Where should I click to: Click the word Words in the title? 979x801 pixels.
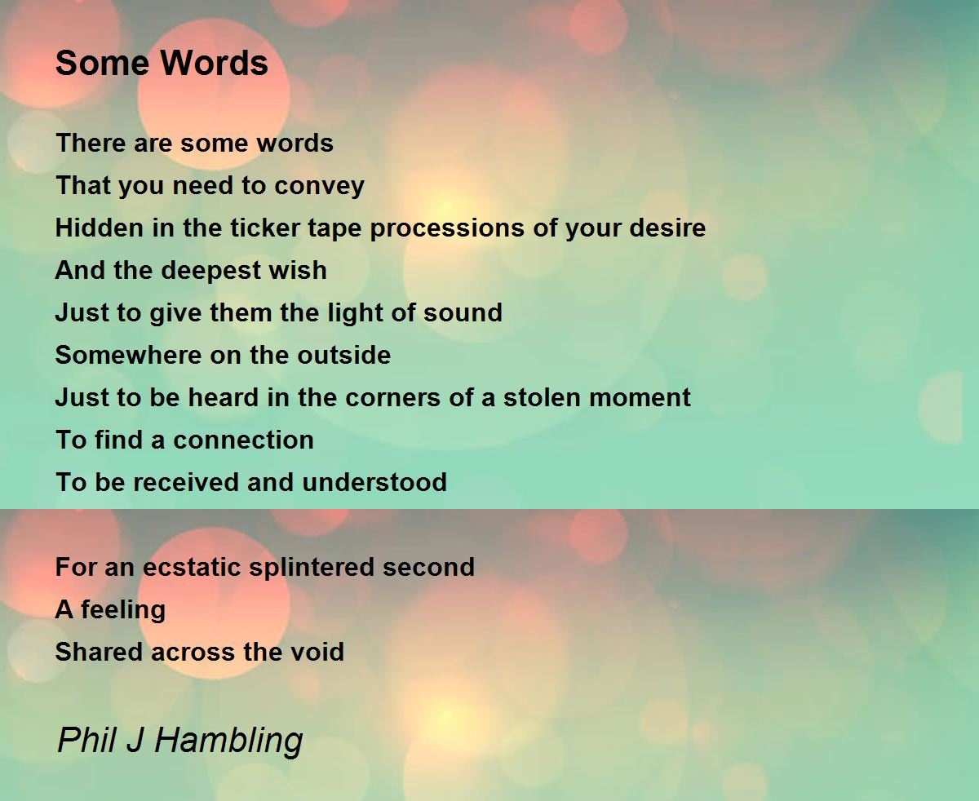pyautogui.click(x=214, y=63)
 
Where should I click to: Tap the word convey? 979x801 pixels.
pyautogui.click(x=319, y=186)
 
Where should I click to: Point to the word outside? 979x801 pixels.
pyautogui.click(x=344, y=355)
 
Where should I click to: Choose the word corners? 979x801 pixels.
pyautogui.click(x=392, y=398)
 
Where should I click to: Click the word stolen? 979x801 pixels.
pyautogui.click(x=542, y=397)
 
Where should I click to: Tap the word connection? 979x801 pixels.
pyautogui.click(x=244, y=440)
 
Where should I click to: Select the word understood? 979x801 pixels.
pyautogui.click(x=374, y=482)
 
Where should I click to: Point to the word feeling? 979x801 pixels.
pyautogui.click(x=123, y=611)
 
